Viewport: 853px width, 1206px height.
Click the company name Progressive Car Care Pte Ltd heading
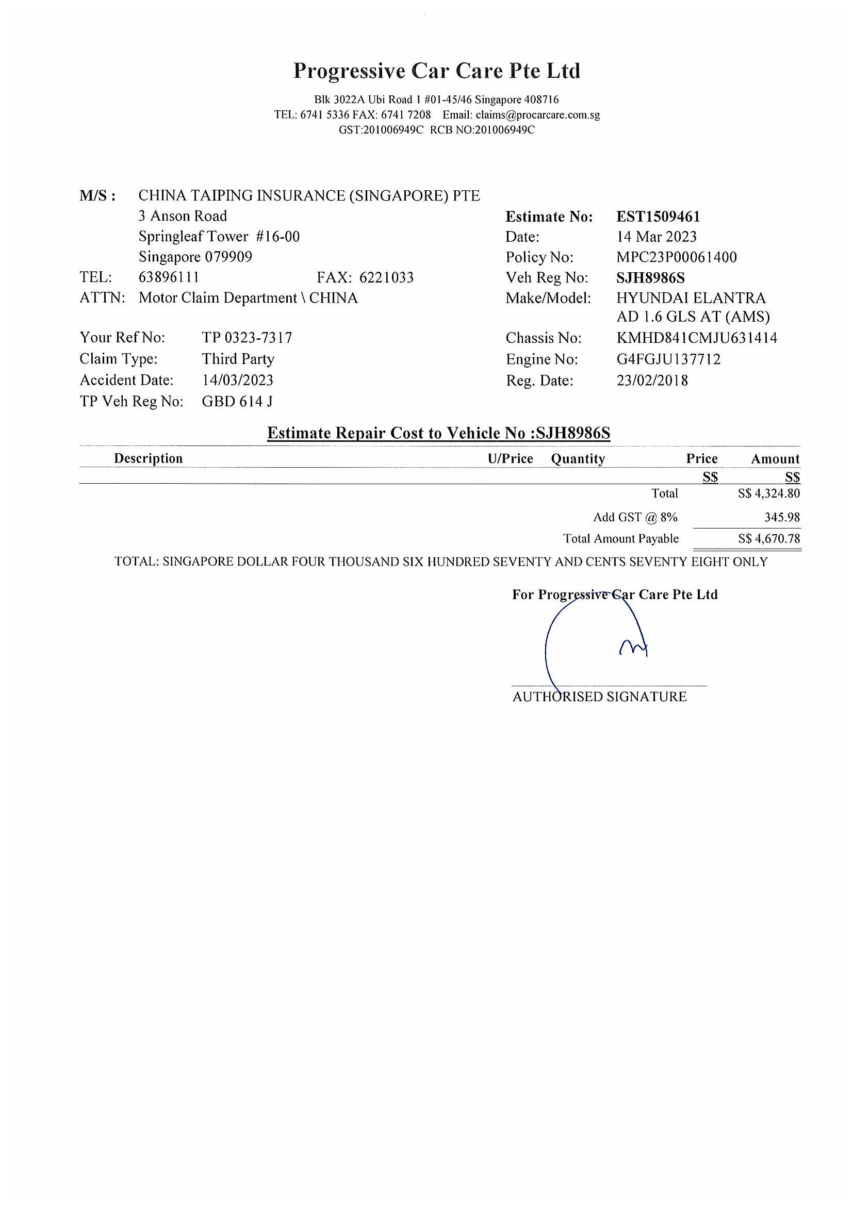coord(436,71)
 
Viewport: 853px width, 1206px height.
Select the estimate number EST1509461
coord(658,217)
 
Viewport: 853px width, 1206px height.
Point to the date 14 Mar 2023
coord(657,237)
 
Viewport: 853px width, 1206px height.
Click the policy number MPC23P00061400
coord(677,257)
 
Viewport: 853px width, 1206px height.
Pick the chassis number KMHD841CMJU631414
coord(696,338)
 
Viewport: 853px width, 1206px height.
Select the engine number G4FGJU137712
coord(668,359)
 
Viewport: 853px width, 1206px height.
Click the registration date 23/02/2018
coord(652,381)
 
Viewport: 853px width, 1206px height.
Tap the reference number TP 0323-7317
coord(247,337)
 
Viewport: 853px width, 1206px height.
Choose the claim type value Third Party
coord(238,359)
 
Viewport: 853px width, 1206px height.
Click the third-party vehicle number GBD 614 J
coord(237,402)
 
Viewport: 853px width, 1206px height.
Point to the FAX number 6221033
coord(386,277)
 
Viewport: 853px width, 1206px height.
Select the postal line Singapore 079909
coord(195,257)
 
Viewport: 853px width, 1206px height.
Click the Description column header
coord(148,458)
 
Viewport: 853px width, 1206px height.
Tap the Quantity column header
coord(578,459)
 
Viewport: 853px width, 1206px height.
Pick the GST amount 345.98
coord(782,517)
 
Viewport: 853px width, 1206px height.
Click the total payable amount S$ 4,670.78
coord(769,539)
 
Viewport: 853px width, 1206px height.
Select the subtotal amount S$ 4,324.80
coord(769,494)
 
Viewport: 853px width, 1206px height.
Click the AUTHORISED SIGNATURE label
coord(599,697)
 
